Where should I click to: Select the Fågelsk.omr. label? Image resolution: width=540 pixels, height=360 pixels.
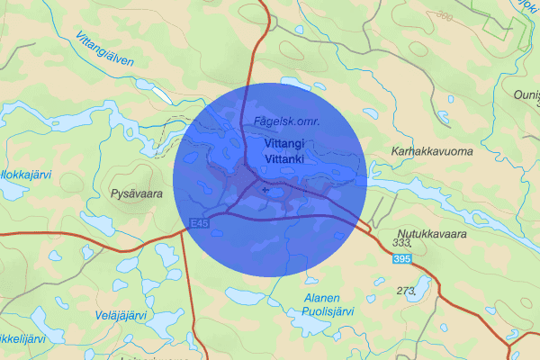(288, 121)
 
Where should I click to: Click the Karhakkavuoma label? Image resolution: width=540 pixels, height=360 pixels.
(432, 151)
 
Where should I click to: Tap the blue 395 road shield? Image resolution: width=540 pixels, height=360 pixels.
(403, 259)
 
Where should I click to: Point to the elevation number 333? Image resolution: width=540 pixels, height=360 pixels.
(402, 243)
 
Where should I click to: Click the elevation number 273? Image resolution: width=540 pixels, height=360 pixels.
(407, 290)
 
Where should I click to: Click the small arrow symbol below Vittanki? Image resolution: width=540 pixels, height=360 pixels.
(265, 191)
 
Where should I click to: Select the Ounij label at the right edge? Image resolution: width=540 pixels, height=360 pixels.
(526, 96)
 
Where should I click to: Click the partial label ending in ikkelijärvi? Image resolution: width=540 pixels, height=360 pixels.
(22, 338)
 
